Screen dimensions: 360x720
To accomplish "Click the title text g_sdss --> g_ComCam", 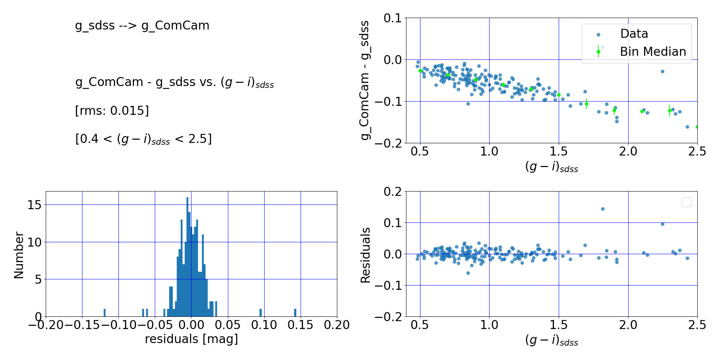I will [142, 26].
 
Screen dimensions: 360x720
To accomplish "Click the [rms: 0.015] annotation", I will [112, 111].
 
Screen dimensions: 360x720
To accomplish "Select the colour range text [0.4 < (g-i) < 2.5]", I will [143, 139].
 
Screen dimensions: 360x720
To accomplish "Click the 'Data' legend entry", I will [634, 34].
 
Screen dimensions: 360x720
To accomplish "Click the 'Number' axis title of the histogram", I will [19, 255].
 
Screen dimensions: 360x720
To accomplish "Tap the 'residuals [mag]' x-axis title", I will [192, 339].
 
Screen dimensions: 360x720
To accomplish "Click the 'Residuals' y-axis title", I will [365, 255].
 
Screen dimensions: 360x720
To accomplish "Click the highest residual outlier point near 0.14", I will [603, 209].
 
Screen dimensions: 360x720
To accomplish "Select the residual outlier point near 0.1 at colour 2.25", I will [662, 224].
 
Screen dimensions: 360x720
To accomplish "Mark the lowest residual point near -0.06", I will [468, 273].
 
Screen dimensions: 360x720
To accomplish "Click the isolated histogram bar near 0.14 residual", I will [295, 313].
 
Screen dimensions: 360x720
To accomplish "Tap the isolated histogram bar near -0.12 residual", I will [104, 313].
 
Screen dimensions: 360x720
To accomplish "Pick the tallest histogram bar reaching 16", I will [187, 257].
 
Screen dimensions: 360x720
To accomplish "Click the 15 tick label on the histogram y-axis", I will [35, 205].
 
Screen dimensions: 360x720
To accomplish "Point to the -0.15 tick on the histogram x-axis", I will [82, 325].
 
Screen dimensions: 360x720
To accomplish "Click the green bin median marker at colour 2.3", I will [670, 111].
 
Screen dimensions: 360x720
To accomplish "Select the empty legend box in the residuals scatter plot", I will [687, 202].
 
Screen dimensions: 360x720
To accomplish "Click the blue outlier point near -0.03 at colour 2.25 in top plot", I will [662, 71].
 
